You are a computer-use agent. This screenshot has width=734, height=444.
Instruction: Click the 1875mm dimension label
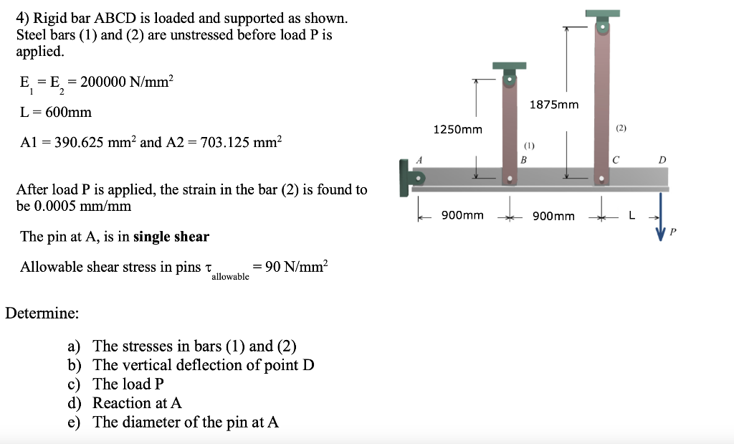pyautogui.click(x=553, y=105)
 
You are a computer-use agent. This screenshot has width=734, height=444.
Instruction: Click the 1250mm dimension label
pyautogui.click(x=457, y=130)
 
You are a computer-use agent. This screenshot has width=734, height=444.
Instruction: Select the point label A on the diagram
pyautogui.click(x=421, y=160)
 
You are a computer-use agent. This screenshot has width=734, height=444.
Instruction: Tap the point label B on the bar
pyautogui.click(x=524, y=160)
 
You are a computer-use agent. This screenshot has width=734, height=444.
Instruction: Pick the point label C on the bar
pyautogui.click(x=614, y=160)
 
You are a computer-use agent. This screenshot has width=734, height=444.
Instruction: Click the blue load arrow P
pyautogui.click(x=660, y=214)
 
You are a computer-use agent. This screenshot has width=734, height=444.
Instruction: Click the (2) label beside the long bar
pyautogui.click(x=621, y=128)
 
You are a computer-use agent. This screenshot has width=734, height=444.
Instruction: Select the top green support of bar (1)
pyautogui.click(x=509, y=66)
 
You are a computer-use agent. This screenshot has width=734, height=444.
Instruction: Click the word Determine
pyautogui.click(x=42, y=313)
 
